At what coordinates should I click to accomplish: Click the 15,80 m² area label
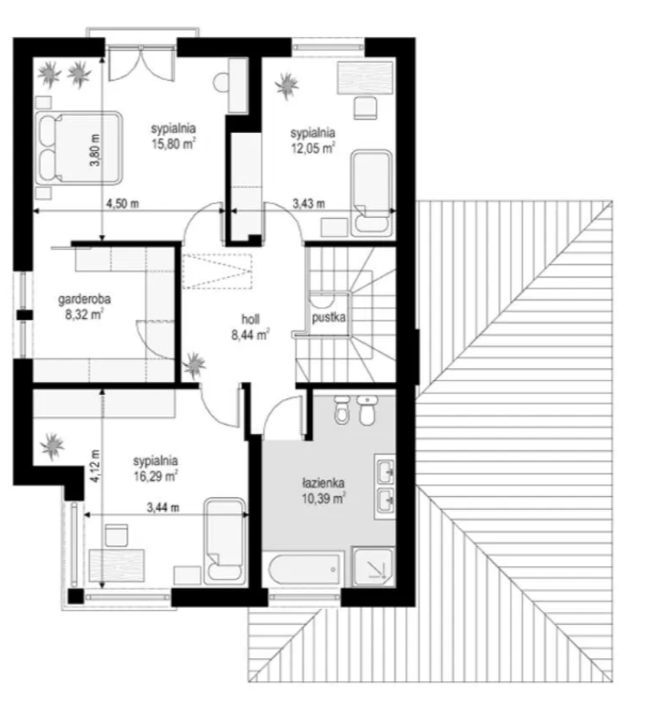point(173,144)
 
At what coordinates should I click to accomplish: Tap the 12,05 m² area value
point(313,148)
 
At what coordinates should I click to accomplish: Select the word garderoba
point(84,300)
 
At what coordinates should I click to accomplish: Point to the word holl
point(250,319)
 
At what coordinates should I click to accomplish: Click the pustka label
point(328,317)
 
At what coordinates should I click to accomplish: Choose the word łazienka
point(323,483)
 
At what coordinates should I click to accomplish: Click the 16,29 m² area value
point(155,476)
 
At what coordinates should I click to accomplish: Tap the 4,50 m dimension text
point(122,203)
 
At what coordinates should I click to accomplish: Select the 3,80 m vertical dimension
point(95,151)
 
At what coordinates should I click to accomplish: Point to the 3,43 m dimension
point(309,203)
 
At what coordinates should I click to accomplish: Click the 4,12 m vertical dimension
point(95,466)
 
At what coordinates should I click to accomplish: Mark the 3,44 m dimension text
point(163,508)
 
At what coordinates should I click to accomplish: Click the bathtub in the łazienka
point(304,569)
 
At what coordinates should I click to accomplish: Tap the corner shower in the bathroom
point(373,567)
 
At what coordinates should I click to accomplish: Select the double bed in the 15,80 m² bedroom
point(78,148)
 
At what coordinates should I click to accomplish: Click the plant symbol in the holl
point(194,365)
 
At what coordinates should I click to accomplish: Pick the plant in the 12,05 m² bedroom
point(286,86)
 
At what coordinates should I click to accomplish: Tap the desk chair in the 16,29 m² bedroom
point(116,535)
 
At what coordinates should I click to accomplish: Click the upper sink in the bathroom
point(385,471)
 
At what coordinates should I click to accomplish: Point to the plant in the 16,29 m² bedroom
point(53,446)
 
